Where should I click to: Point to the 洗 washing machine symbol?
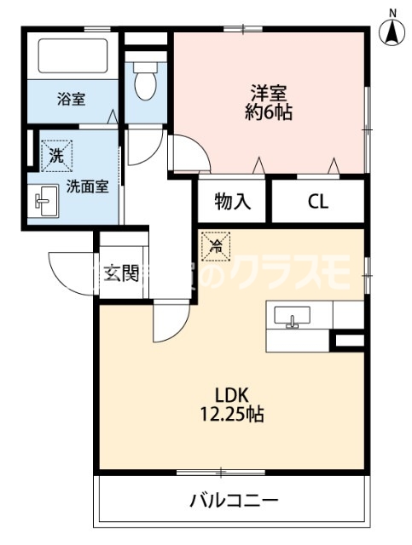pyautogui.click(x=55, y=156)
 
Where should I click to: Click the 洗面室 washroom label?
pyautogui.click(x=86, y=186)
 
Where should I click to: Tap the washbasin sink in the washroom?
pyautogui.click(x=43, y=202)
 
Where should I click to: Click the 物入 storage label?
pyautogui.click(x=232, y=202)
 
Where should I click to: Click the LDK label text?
pyautogui.click(x=230, y=395)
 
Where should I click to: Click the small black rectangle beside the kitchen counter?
pyautogui.click(x=348, y=341)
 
